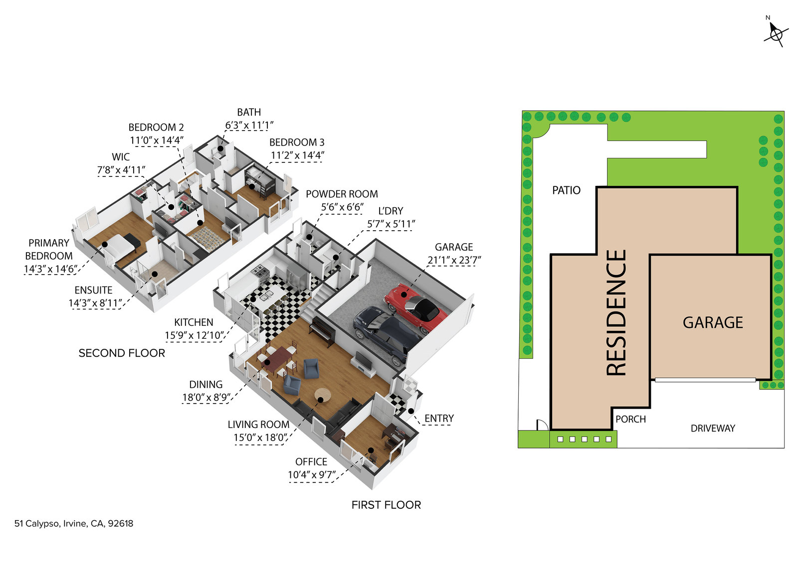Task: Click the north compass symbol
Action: click(776, 34)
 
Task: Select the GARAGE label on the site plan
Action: click(713, 323)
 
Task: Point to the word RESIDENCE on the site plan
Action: click(616, 312)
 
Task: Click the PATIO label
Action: click(566, 190)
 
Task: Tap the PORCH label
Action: click(630, 420)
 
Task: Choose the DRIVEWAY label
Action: click(713, 429)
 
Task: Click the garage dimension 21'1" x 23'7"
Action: click(454, 260)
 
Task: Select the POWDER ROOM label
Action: click(342, 194)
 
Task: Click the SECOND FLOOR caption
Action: click(122, 353)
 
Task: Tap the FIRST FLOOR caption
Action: click(386, 505)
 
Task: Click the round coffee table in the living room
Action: click(323, 396)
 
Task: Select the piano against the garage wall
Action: click(322, 332)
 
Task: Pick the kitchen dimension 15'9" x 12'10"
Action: click(195, 336)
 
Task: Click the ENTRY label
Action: click(439, 419)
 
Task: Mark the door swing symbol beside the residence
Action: click(542, 425)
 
